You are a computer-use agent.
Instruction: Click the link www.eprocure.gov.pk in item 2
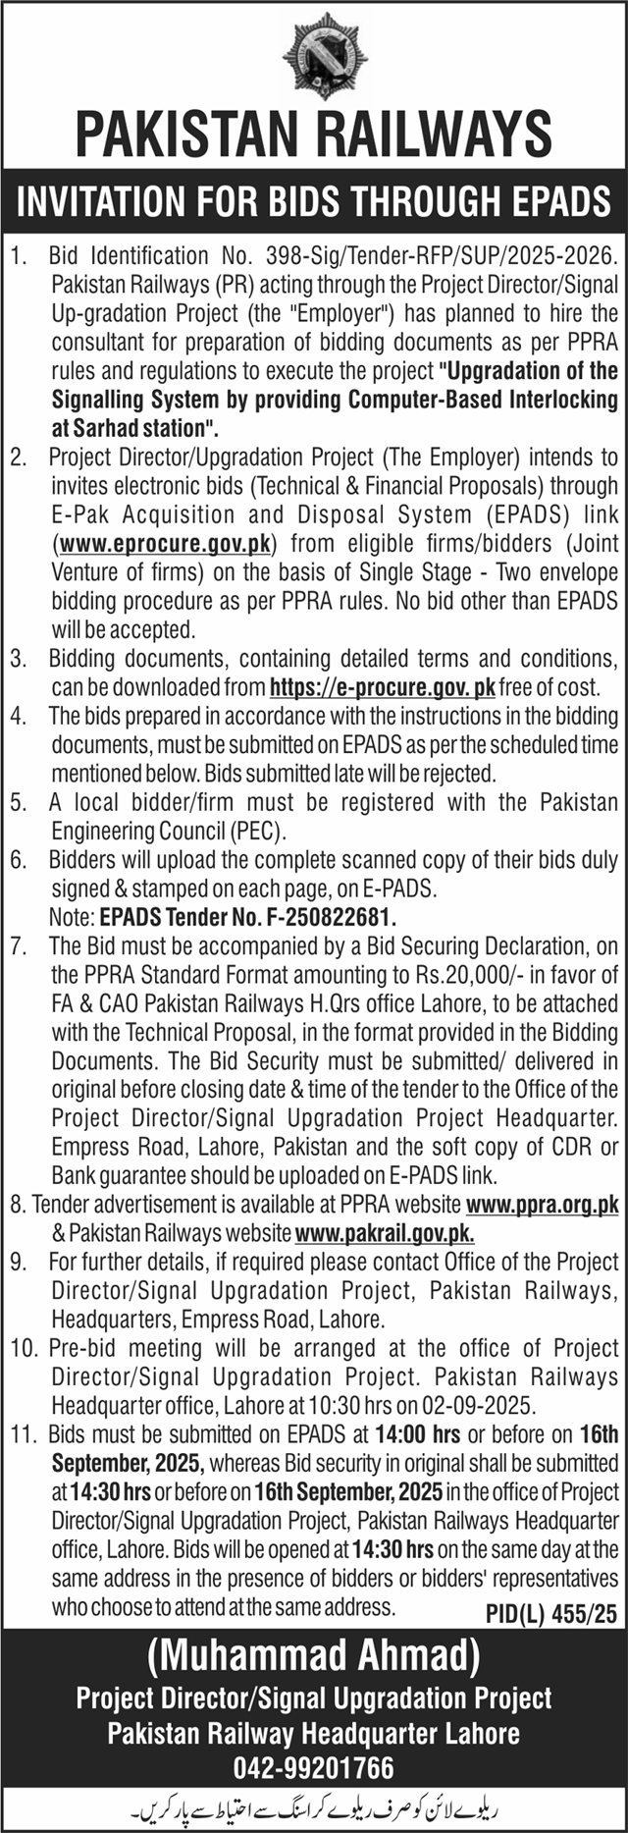click(164, 543)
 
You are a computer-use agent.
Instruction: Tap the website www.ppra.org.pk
click(543, 1204)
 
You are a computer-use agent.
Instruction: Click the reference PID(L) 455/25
click(551, 1612)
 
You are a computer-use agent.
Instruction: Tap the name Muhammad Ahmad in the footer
click(314, 1655)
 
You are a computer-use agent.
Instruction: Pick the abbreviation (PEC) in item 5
click(258, 831)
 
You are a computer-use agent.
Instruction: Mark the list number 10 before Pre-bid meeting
click(22, 1348)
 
